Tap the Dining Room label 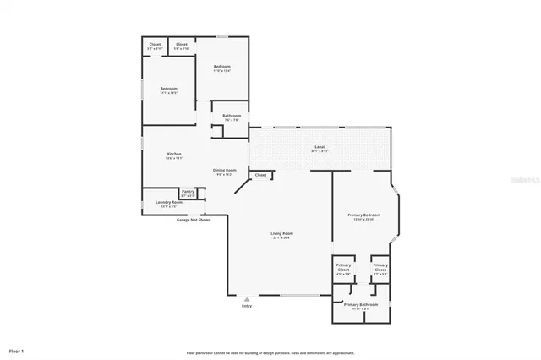coord(224,170)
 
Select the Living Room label coord(281,233)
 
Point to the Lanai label coord(320,147)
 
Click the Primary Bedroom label coord(364,215)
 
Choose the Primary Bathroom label coord(360,304)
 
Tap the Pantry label coord(188,191)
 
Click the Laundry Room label coord(169,203)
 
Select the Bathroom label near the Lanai coord(232,116)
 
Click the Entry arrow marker coord(247,298)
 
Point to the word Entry coord(247,306)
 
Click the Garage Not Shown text coord(193,220)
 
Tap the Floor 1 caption coord(17,350)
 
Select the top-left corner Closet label coord(155,44)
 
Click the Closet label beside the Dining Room coord(260,175)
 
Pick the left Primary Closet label coord(343,267)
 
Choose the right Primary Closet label coord(380,267)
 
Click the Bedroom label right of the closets coord(222,66)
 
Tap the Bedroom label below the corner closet coord(169,89)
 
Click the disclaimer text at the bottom coord(270,352)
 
